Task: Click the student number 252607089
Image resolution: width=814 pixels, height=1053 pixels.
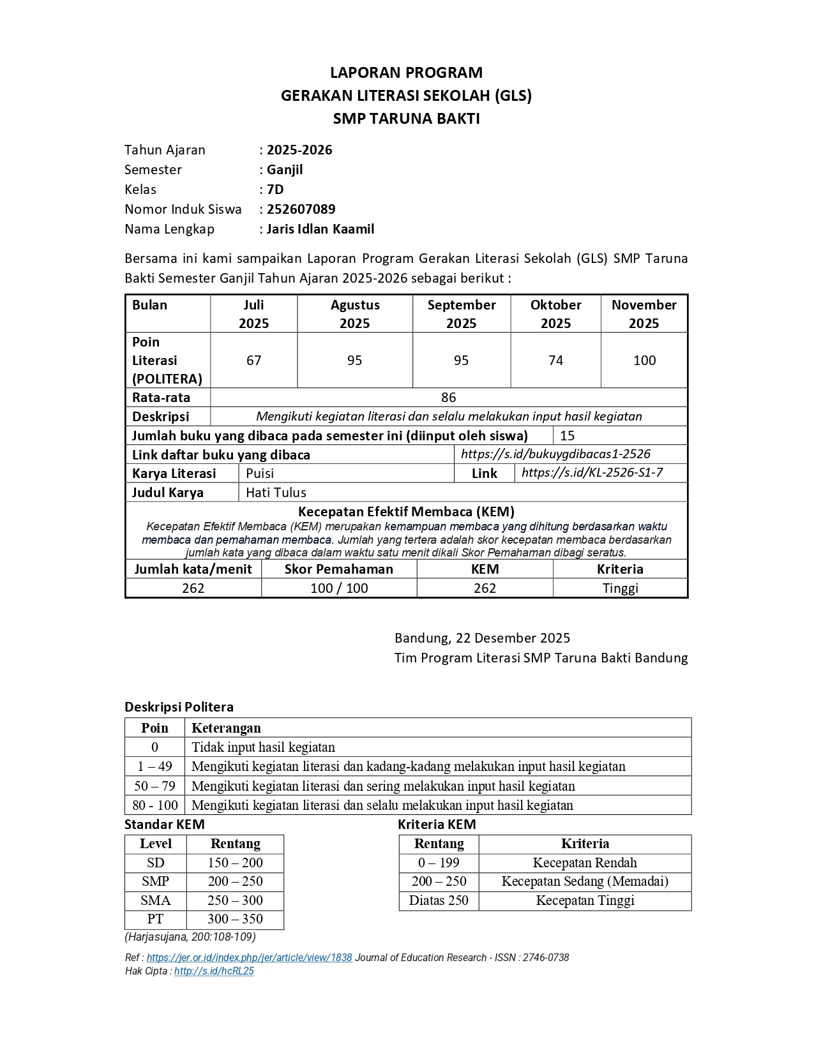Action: tap(301, 209)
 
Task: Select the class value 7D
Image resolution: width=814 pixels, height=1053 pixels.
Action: tap(275, 190)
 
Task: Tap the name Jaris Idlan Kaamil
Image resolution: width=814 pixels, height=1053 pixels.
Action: tap(320, 229)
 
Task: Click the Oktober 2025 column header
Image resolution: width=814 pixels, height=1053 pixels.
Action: tap(555, 313)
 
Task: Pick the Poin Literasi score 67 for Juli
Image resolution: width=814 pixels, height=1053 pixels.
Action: tap(253, 361)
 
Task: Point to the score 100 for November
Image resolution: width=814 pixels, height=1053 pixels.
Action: tap(644, 361)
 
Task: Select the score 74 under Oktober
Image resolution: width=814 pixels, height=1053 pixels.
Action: tap(555, 361)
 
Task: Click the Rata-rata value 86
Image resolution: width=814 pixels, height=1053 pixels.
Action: tap(448, 398)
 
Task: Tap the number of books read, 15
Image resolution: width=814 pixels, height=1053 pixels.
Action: tap(567, 436)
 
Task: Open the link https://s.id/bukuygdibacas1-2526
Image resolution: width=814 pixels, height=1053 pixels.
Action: tap(555, 454)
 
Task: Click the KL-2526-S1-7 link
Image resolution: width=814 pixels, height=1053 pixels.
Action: tap(592, 472)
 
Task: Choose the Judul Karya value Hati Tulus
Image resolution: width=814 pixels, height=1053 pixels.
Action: tap(276, 493)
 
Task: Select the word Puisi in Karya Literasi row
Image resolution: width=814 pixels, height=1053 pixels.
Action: tap(260, 474)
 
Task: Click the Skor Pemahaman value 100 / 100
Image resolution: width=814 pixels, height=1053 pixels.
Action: tap(339, 588)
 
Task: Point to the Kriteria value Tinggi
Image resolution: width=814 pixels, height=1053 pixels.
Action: tap(620, 588)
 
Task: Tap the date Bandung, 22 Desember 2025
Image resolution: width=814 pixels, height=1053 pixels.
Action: tap(482, 638)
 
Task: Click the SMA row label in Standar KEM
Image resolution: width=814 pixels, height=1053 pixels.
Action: tap(156, 900)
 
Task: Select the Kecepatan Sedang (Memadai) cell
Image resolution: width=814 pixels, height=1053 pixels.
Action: tap(585, 881)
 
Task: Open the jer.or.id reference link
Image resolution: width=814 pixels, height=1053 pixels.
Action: tap(249, 957)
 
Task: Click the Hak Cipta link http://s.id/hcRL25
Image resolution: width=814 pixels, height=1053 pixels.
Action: tap(214, 971)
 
